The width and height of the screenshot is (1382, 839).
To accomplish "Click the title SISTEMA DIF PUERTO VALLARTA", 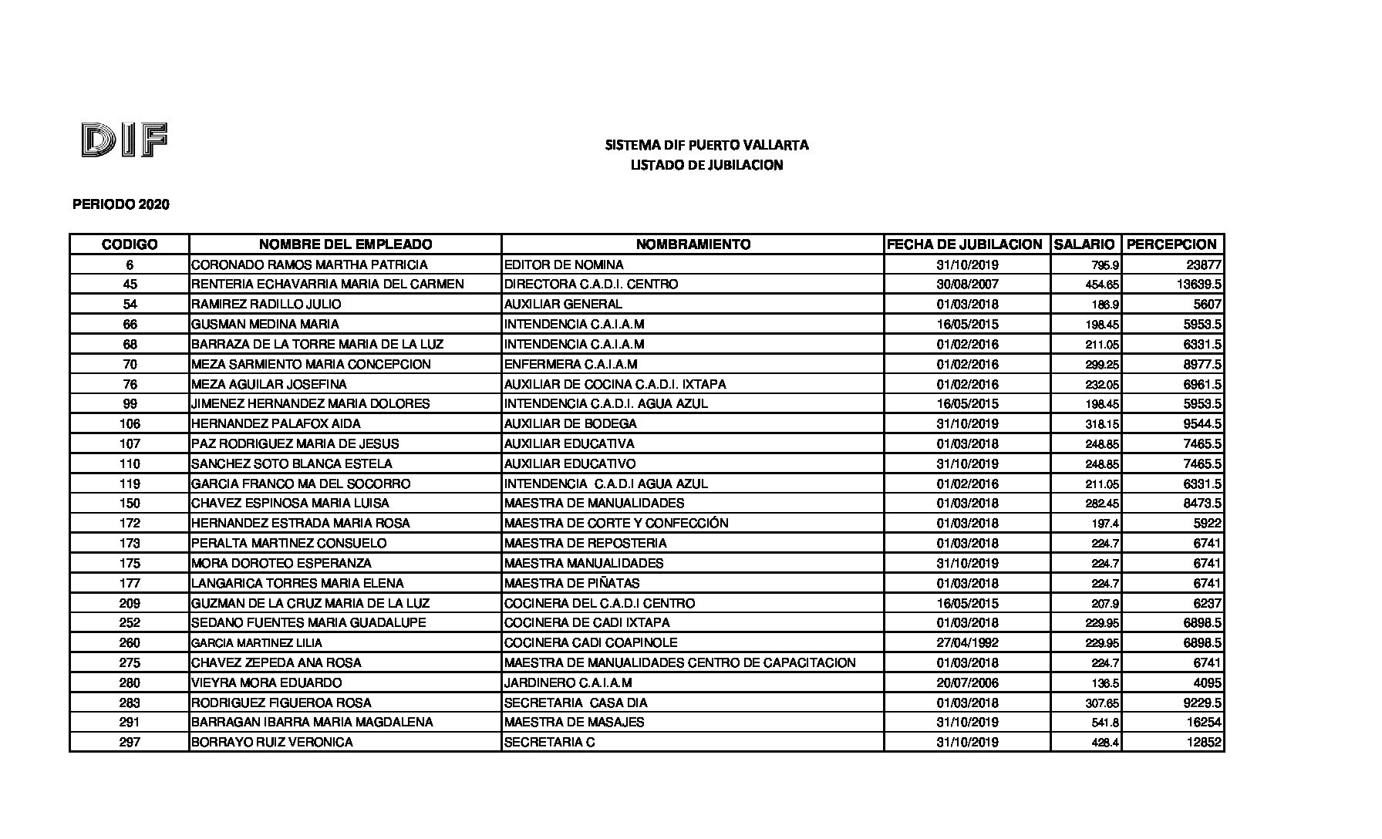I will (x=706, y=145).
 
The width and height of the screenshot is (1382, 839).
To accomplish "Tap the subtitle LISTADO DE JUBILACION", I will (x=706, y=165).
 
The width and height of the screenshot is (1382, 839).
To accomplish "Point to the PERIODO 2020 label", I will (x=121, y=205).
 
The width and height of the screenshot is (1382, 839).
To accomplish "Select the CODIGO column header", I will (x=130, y=244).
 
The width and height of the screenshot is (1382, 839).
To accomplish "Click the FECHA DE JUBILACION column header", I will (x=965, y=244).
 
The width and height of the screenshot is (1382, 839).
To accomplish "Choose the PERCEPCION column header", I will (x=1171, y=244).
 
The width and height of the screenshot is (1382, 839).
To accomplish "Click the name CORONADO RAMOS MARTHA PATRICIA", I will (x=309, y=265).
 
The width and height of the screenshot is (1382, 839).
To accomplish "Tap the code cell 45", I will (x=130, y=285).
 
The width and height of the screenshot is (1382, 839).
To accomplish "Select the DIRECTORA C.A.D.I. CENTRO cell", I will (x=591, y=285).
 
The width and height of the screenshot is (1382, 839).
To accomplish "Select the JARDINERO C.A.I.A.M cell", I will (x=568, y=683).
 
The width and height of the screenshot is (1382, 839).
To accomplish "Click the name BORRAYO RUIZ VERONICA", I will (x=272, y=743).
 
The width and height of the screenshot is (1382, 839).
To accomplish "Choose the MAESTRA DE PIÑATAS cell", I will (x=571, y=584).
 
